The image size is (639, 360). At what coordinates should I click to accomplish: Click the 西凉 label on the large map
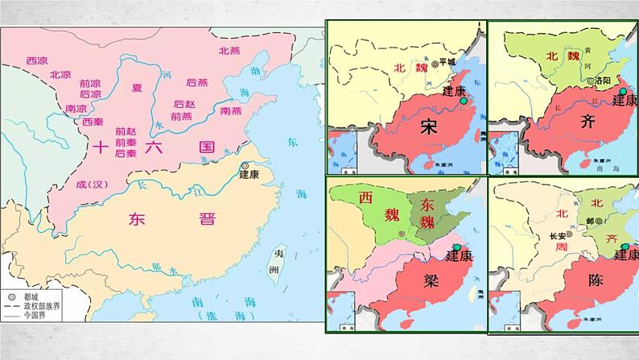(x=37, y=60)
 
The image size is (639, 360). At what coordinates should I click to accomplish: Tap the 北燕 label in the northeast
(x=229, y=50)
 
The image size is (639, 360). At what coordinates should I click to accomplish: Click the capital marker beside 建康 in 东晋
(x=245, y=166)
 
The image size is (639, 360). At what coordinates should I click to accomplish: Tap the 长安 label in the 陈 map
(x=558, y=236)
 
